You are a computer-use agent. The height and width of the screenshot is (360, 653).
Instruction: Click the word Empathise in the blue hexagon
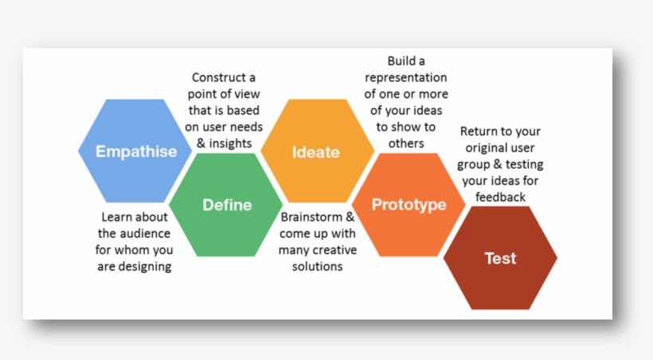click(136, 151)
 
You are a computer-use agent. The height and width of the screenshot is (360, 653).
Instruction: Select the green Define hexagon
click(227, 205)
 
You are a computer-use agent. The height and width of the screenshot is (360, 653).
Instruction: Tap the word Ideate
click(315, 151)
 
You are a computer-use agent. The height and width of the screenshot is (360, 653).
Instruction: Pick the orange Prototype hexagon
click(409, 205)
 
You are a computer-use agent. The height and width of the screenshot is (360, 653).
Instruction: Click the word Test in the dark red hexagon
click(500, 258)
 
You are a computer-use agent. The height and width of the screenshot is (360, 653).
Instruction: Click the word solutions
click(317, 267)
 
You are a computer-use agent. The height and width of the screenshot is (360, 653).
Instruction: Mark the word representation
click(406, 78)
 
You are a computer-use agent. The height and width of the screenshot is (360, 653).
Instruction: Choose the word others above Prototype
click(405, 143)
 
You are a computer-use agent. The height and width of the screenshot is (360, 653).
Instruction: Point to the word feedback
click(501, 197)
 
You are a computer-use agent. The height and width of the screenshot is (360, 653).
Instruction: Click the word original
click(489, 148)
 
